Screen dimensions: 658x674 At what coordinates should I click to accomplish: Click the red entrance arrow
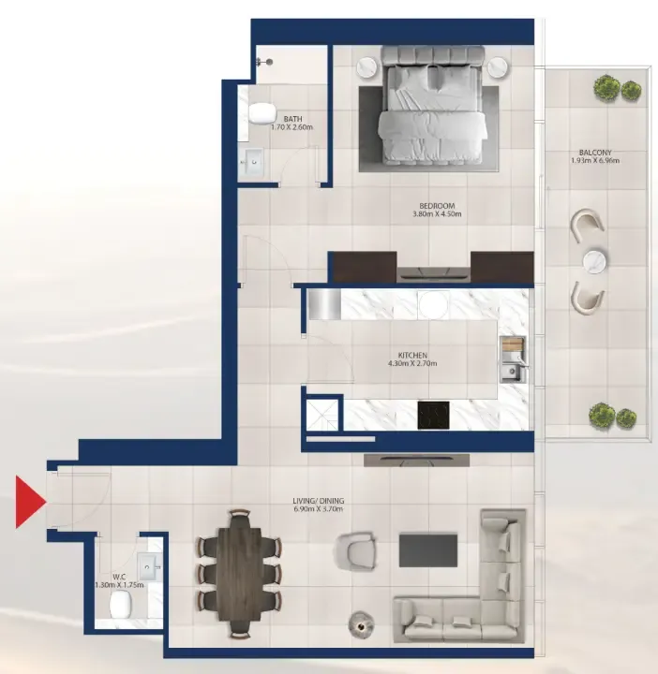tap(29, 502)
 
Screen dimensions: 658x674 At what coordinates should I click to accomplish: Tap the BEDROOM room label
tap(437, 206)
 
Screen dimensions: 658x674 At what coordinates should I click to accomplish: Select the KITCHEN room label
tap(412, 356)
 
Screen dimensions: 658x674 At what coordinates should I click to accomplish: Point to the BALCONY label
tap(595, 153)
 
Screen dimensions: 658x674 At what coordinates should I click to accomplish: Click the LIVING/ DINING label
tap(319, 501)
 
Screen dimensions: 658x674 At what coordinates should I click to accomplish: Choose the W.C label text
tap(119, 577)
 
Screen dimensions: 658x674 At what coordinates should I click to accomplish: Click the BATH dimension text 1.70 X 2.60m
tap(292, 127)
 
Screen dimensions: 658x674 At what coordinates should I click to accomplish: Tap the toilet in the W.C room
tap(120, 604)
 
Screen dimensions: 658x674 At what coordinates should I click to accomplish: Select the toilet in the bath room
tap(262, 113)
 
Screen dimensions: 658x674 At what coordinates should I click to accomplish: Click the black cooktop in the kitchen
tap(433, 416)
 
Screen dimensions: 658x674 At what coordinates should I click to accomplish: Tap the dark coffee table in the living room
tap(428, 550)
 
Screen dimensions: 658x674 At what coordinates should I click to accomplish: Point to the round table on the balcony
tap(595, 261)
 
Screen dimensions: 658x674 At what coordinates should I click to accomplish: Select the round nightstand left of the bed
tap(368, 67)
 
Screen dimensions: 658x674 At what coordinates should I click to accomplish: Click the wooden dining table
tap(239, 574)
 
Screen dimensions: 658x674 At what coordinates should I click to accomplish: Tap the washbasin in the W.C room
tap(148, 567)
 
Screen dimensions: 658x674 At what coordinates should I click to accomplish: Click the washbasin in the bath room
tap(252, 162)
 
